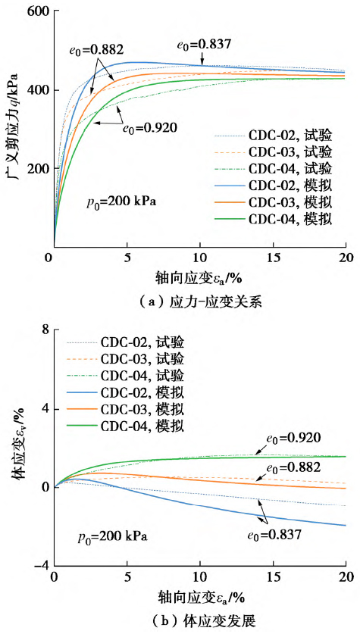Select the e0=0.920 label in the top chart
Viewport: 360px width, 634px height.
[149, 127]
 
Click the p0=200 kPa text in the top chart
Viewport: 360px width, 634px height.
[117, 204]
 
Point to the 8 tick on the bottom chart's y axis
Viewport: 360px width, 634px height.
[44, 330]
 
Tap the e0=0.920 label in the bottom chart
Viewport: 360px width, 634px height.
[293, 437]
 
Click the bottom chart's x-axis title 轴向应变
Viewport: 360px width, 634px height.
[198, 596]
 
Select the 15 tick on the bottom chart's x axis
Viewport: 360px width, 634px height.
[273, 578]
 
